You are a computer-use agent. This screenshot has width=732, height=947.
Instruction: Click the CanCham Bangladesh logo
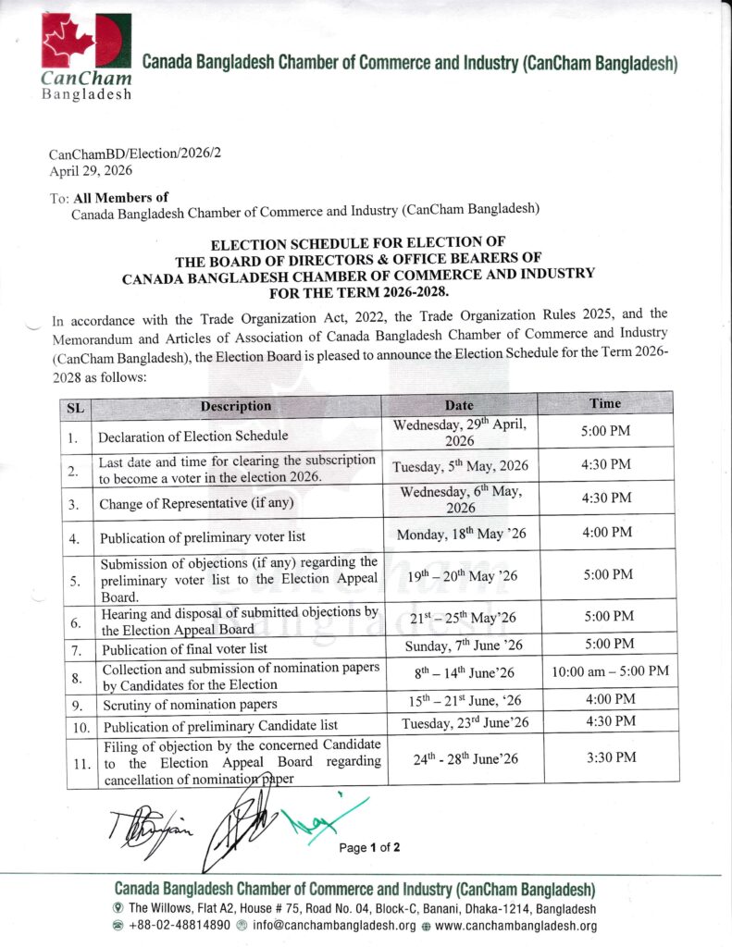tap(85, 55)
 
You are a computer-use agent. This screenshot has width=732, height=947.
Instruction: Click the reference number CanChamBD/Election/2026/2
tap(135, 154)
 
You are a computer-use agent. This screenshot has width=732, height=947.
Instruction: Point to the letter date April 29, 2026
tap(90, 170)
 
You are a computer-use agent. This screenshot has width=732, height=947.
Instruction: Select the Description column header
tap(236, 406)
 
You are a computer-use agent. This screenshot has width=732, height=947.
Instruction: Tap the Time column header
tap(605, 404)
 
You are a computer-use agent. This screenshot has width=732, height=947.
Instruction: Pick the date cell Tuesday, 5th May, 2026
tap(460, 466)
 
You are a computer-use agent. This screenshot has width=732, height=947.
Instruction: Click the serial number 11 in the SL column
tap(81, 763)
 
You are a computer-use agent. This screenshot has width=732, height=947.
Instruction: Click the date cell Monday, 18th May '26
tap(460, 535)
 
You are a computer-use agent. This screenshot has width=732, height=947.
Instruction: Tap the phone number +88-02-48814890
tap(180, 926)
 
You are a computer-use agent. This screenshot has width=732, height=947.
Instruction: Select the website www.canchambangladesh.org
tap(515, 926)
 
